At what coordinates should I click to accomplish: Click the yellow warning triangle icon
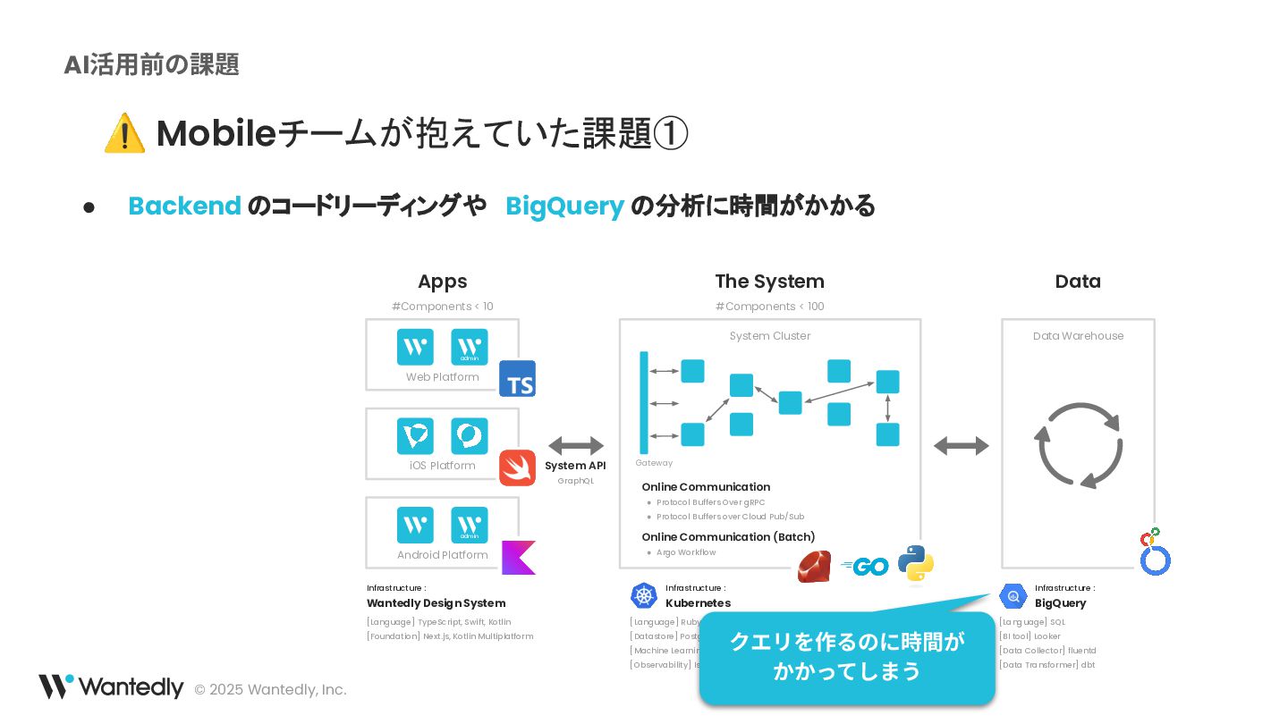pyautogui.click(x=124, y=134)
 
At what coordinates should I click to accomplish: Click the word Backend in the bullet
pyautogui.click(x=184, y=206)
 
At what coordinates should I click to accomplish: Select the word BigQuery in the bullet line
pyautogui.click(x=564, y=206)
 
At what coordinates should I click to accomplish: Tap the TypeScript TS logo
pyautogui.click(x=517, y=379)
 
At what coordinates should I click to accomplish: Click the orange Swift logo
pyautogui.click(x=517, y=468)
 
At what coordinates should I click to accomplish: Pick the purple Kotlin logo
pyautogui.click(x=518, y=557)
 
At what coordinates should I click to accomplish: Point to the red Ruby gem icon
pyautogui.click(x=814, y=567)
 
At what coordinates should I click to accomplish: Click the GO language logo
pyautogui.click(x=865, y=566)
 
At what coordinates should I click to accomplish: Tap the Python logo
pyautogui.click(x=916, y=564)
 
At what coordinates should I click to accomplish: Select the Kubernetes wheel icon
pyautogui.click(x=644, y=595)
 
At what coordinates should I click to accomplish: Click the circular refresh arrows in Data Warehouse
pyautogui.click(x=1079, y=445)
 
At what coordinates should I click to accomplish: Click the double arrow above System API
pyautogui.click(x=576, y=445)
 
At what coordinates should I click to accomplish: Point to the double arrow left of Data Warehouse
pyautogui.click(x=961, y=445)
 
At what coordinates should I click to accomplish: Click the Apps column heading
pyautogui.click(x=442, y=282)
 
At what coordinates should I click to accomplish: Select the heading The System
pyautogui.click(x=769, y=282)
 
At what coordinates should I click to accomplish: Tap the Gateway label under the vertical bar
pyautogui.click(x=654, y=463)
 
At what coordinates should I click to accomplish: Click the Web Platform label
pyautogui.click(x=442, y=377)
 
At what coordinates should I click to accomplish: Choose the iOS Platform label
pyautogui.click(x=442, y=466)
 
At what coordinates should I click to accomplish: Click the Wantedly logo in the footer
pyautogui.click(x=111, y=687)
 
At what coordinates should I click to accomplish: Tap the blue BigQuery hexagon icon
pyautogui.click(x=1013, y=595)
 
